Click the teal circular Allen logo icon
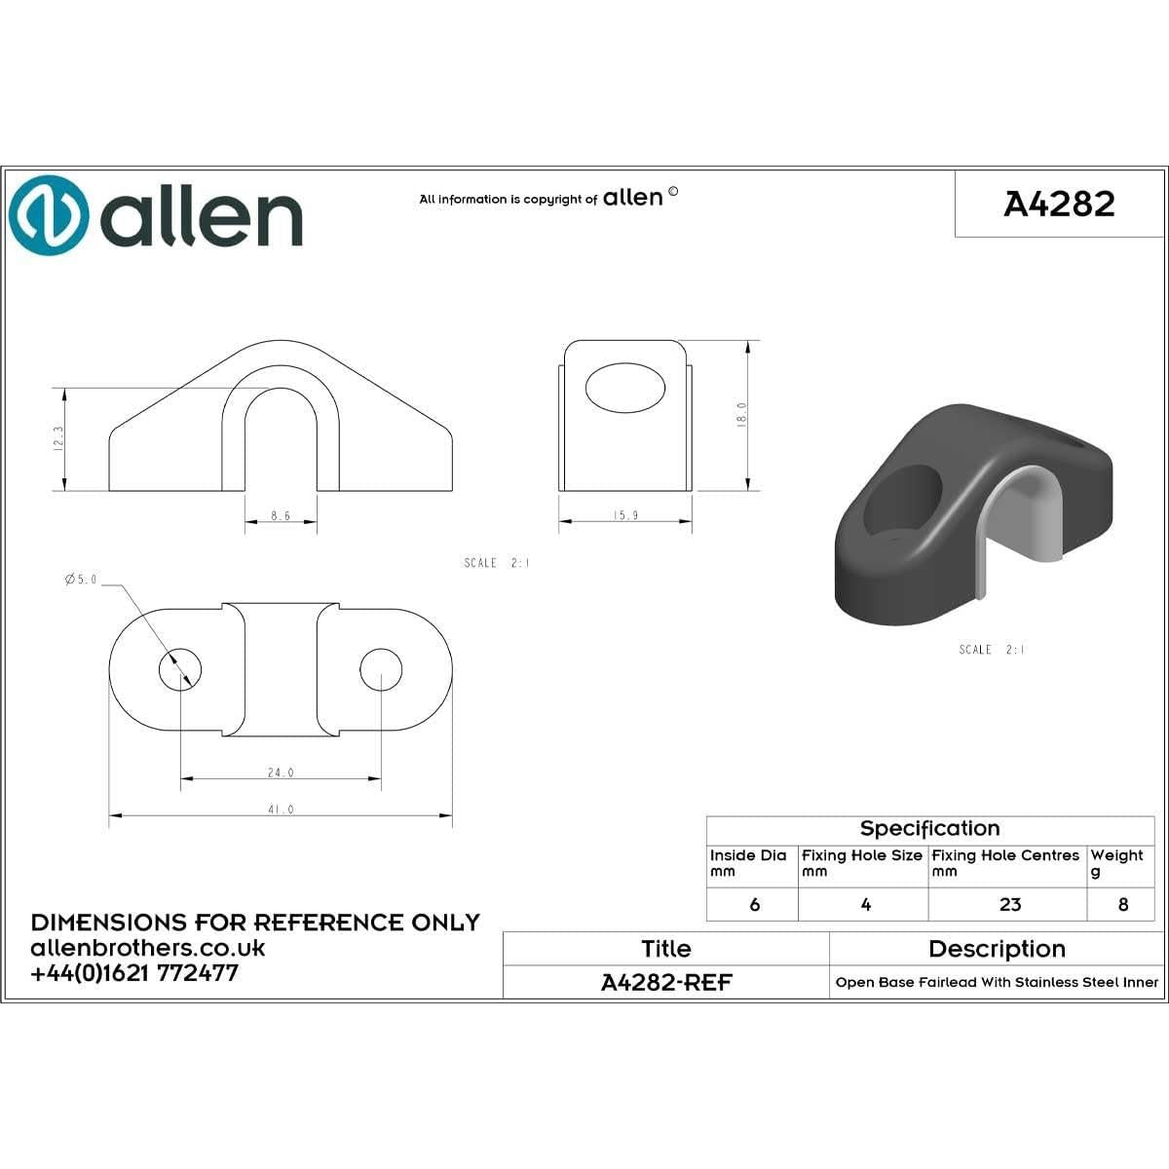[49, 215]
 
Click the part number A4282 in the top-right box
[1059, 204]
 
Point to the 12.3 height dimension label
[58, 437]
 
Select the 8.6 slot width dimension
[281, 516]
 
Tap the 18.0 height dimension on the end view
[741, 415]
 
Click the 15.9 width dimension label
[625, 515]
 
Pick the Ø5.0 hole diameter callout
[81, 580]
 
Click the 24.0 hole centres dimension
[281, 773]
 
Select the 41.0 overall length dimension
[281, 810]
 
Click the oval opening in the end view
[624, 389]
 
